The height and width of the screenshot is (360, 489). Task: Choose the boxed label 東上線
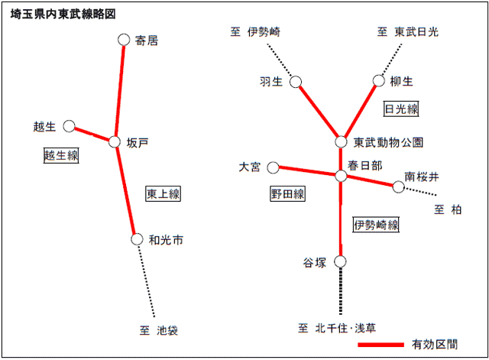click(x=163, y=193)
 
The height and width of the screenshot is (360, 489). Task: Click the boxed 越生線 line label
click(x=61, y=155)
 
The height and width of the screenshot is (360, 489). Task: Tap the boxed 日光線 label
click(x=401, y=109)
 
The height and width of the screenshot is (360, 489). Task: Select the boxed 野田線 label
click(x=287, y=193)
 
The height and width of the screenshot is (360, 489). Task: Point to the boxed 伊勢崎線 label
click(x=376, y=225)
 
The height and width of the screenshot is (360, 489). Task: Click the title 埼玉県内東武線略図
click(x=63, y=14)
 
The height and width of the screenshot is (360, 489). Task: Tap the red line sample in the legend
click(x=381, y=345)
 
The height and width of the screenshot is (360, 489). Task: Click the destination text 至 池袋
click(x=159, y=330)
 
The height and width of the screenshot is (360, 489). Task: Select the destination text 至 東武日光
click(x=407, y=31)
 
